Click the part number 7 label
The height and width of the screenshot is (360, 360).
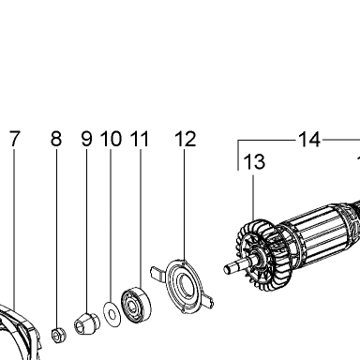tap(15, 139)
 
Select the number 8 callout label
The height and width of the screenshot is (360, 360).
tap(56, 139)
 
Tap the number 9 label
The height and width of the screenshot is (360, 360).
tap(87, 139)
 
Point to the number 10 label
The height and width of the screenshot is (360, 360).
tap(111, 139)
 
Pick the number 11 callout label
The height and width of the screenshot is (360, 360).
tap(140, 139)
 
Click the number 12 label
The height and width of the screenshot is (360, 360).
tap(186, 139)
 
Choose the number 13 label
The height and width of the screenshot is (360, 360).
tap(254, 161)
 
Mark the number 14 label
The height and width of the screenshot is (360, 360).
tap(309, 140)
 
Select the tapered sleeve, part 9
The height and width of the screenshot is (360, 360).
tap(86, 324)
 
